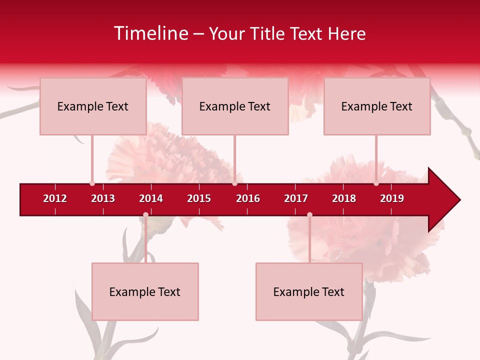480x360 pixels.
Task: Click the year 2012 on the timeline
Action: click(x=55, y=198)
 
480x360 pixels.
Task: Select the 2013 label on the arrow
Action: click(x=103, y=198)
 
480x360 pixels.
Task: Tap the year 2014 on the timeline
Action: click(x=151, y=198)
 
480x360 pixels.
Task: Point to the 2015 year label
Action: click(x=199, y=198)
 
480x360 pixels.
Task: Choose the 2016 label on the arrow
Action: click(x=248, y=198)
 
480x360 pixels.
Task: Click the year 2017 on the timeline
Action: click(x=296, y=198)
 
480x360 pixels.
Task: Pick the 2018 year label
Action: click(x=344, y=198)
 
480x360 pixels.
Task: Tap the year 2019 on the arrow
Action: click(x=392, y=198)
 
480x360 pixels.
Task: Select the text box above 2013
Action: click(x=93, y=106)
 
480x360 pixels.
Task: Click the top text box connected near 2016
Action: click(x=235, y=106)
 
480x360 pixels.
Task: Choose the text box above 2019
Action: click(x=377, y=106)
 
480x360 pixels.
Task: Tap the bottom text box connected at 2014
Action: click(x=145, y=292)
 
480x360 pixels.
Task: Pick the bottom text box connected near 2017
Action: click(x=309, y=292)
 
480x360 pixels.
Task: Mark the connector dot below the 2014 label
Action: click(x=145, y=214)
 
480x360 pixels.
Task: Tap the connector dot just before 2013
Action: click(x=92, y=183)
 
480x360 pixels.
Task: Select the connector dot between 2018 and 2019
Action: click(x=376, y=183)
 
